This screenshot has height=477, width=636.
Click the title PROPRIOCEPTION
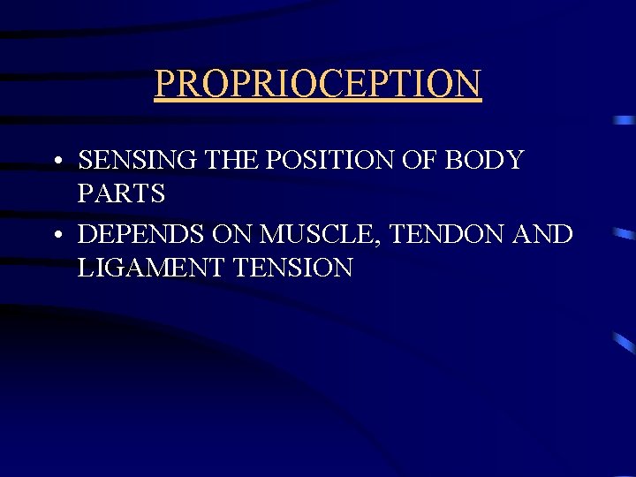pyautogui.click(x=318, y=84)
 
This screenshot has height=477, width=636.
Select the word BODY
pyautogui.click(x=484, y=161)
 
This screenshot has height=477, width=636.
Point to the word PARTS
pyautogui.click(x=121, y=193)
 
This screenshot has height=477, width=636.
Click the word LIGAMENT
pyautogui.click(x=150, y=268)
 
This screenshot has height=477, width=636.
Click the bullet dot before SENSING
pyautogui.click(x=56, y=163)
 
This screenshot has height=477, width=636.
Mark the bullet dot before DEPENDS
pyautogui.click(x=56, y=238)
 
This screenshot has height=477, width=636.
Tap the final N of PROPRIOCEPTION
pyautogui.click(x=468, y=84)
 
